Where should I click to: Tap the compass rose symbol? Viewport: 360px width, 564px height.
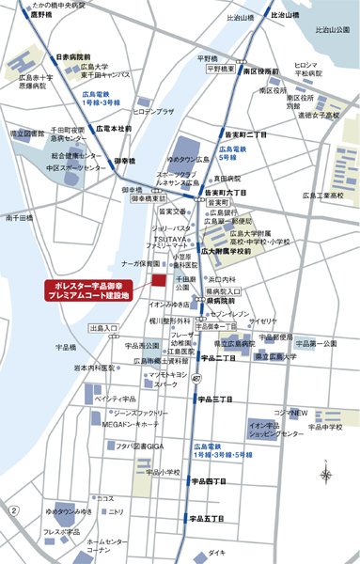point(325,476)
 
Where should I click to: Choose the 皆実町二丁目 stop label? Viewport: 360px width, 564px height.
point(244,134)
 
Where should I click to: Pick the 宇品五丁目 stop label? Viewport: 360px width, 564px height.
point(206,518)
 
